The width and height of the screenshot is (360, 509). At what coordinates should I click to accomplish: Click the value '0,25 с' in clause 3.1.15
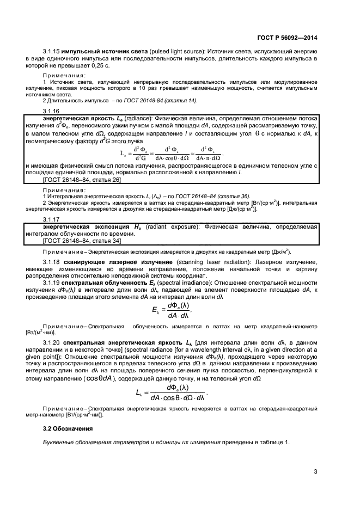[99, 65]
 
